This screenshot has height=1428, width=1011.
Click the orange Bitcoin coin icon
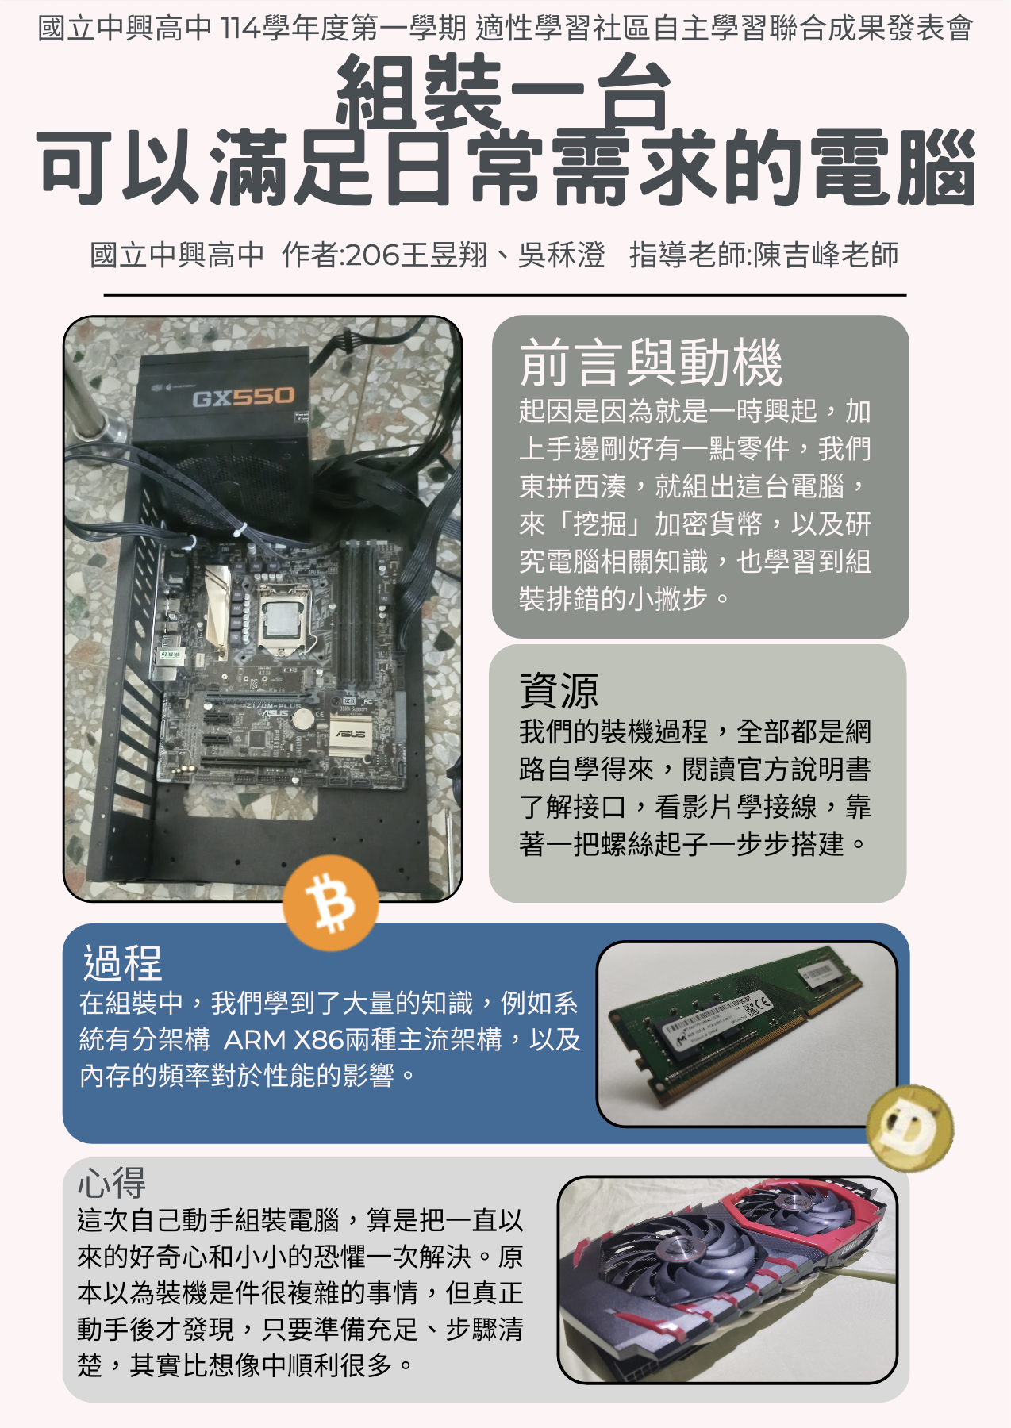[330, 903]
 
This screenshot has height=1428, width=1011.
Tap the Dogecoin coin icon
[910, 1127]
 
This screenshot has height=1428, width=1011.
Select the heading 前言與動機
[651, 363]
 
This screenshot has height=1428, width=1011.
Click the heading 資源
[559, 690]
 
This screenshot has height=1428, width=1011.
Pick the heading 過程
[123, 963]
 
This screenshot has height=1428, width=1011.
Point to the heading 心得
[112, 1184]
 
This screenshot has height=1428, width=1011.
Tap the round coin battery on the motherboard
[305, 719]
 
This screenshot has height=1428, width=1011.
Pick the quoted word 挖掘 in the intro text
[601, 524]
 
